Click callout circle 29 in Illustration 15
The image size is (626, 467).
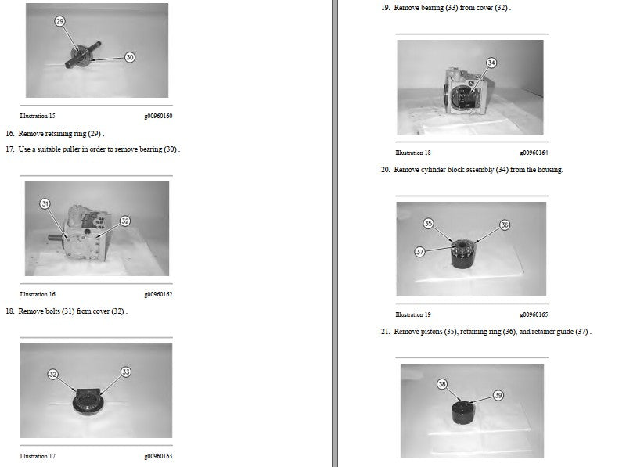tap(60, 21)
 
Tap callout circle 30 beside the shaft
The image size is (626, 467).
tap(130, 57)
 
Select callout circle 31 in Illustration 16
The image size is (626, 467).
tap(45, 203)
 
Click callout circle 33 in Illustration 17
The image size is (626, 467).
tap(126, 372)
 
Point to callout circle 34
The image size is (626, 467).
tap(491, 63)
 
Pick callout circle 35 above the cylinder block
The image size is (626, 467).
tap(428, 223)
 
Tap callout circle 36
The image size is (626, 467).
tap(505, 225)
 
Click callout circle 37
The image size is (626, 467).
tap(419, 251)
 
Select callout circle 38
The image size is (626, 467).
tap(442, 384)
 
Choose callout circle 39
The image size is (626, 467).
tap(498, 395)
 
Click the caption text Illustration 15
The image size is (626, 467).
tap(38, 116)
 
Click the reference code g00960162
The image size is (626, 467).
tap(159, 295)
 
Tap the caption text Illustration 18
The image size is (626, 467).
tap(413, 153)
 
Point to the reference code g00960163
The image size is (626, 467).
tap(159, 456)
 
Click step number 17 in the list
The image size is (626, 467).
tap(10, 149)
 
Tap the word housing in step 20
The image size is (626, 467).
tap(550, 170)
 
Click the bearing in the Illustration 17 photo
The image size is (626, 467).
tap(88, 403)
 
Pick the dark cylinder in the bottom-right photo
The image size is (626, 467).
tap(463, 413)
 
